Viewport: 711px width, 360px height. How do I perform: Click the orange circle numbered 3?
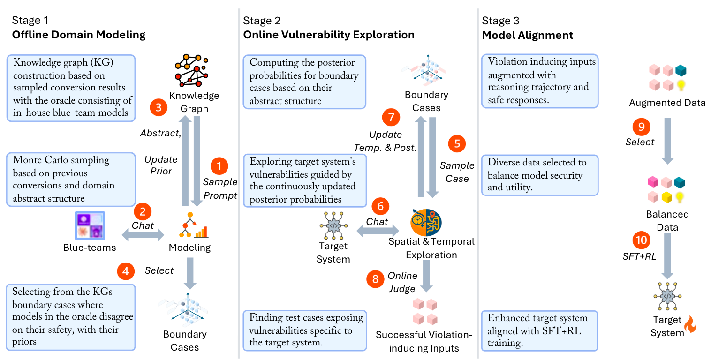pyautogui.click(x=159, y=108)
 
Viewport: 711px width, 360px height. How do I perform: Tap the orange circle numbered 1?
pyautogui.click(x=219, y=165)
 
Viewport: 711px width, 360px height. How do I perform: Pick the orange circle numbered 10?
pyautogui.click(x=641, y=240)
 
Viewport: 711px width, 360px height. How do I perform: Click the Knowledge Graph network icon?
pyautogui.click(x=192, y=70)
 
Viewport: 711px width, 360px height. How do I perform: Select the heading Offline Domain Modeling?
pyautogui.click(x=78, y=35)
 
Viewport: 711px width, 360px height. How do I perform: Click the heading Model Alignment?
pyautogui.click(x=528, y=35)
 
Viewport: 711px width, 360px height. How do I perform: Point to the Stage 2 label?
pyautogui.click(x=261, y=21)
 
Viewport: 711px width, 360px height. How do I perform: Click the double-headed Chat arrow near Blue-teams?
pyautogui.click(x=143, y=233)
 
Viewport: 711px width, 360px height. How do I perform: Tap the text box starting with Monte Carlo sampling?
pyautogui.click(x=70, y=180)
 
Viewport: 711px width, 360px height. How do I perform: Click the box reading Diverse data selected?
pyautogui.click(x=540, y=175)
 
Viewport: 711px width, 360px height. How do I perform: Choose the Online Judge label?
pyautogui.click(x=402, y=281)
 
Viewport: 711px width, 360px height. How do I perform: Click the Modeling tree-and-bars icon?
pyautogui.click(x=193, y=225)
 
